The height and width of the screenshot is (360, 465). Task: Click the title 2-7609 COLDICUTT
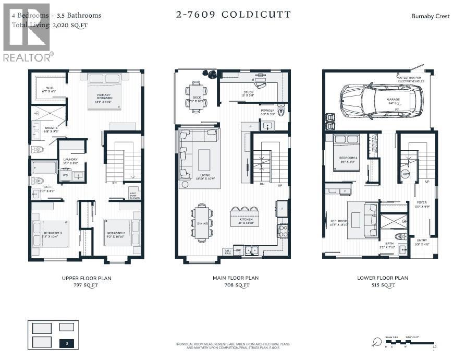pyautogui.click(x=234, y=15)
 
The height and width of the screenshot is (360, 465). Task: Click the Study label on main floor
pyautogui.click(x=248, y=94)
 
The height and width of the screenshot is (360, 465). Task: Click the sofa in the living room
pyautogui.click(x=183, y=154)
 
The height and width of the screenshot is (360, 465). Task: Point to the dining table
pyautogui.click(x=201, y=221)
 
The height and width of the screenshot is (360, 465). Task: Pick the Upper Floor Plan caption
pyautogui.click(x=87, y=278)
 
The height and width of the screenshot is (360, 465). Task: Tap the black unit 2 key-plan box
pyautogui.click(x=66, y=343)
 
